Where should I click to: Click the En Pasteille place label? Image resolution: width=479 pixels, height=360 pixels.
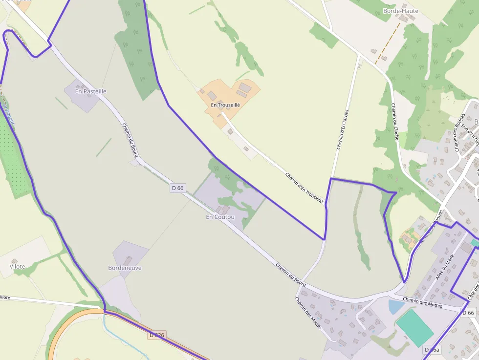(x=90, y=91)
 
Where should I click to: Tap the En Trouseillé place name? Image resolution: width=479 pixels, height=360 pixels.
(x=225, y=105)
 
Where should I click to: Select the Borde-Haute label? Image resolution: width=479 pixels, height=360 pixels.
(x=401, y=11)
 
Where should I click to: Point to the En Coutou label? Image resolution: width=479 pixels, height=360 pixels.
(x=220, y=217)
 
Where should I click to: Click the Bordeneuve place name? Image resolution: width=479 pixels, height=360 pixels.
(x=125, y=268)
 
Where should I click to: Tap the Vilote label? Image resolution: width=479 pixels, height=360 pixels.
(x=17, y=267)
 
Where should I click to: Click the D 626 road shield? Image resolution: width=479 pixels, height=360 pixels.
(x=156, y=335)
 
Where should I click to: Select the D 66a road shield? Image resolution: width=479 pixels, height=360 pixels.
(x=432, y=350)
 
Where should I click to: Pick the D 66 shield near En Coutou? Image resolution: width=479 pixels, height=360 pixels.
(x=178, y=188)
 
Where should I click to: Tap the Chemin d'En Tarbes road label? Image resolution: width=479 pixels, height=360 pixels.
(x=343, y=129)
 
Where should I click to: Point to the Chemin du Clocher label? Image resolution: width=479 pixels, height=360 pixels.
(x=395, y=123)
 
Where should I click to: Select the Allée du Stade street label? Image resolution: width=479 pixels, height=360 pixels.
(x=443, y=267)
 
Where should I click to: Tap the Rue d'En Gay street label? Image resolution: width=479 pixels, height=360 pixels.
(x=472, y=134)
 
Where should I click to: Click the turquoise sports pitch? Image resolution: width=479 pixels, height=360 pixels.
(x=414, y=327)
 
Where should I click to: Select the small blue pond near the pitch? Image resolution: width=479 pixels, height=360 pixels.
(x=396, y=307)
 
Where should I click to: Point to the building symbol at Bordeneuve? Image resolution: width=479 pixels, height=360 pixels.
(x=128, y=260)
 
